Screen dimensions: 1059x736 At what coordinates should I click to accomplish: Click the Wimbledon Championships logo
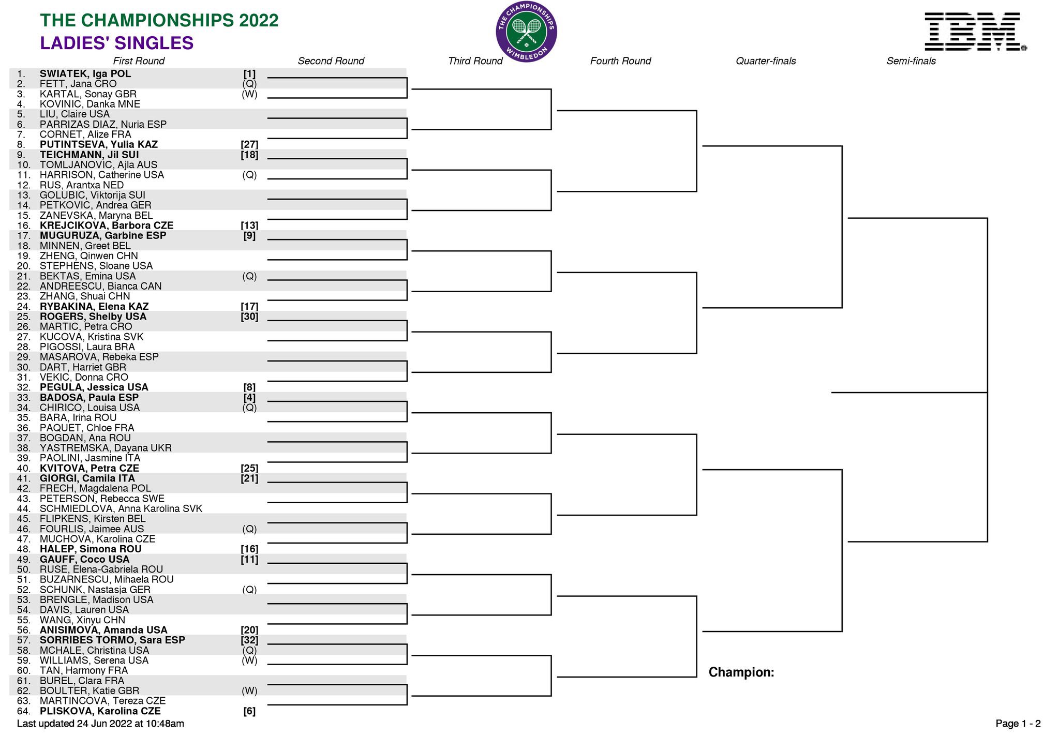[x=526, y=32]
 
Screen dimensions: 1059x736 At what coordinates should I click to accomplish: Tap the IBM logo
[x=975, y=32]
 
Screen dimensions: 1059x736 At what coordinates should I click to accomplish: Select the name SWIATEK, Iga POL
[x=85, y=74]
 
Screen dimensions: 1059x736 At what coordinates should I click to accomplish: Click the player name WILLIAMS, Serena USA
[x=94, y=660]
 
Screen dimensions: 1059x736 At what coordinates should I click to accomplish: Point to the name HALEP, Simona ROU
[x=91, y=549]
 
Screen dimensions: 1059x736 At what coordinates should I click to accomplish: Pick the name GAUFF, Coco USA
[x=85, y=560]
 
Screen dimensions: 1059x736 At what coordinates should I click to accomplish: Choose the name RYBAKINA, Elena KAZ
[x=94, y=307]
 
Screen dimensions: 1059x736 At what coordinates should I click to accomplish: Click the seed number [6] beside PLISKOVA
[x=249, y=711]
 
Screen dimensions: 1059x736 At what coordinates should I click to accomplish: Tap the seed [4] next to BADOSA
[x=249, y=398]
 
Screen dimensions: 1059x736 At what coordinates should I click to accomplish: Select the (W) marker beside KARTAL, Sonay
[x=249, y=94]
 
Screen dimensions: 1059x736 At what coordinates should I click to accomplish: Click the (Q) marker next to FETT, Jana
[x=249, y=84]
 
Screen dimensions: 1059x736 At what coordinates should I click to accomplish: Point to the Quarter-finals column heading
[x=766, y=61]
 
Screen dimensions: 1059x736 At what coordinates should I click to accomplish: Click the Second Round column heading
[x=331, y=61]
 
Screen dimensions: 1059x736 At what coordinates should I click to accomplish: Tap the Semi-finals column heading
[x=911, y=61]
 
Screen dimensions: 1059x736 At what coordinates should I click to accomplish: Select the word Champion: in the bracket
[x=741, y=672]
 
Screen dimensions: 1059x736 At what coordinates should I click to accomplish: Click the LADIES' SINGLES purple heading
[x=117, y=43]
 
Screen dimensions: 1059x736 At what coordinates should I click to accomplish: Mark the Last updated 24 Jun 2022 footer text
[x=100, y=724]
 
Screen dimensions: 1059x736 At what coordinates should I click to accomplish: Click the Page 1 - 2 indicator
[x=1018, y=724]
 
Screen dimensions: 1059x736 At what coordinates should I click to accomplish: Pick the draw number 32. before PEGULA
[x=24, y=387]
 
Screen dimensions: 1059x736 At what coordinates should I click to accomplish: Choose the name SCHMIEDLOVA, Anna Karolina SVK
[x=121, y=509]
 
